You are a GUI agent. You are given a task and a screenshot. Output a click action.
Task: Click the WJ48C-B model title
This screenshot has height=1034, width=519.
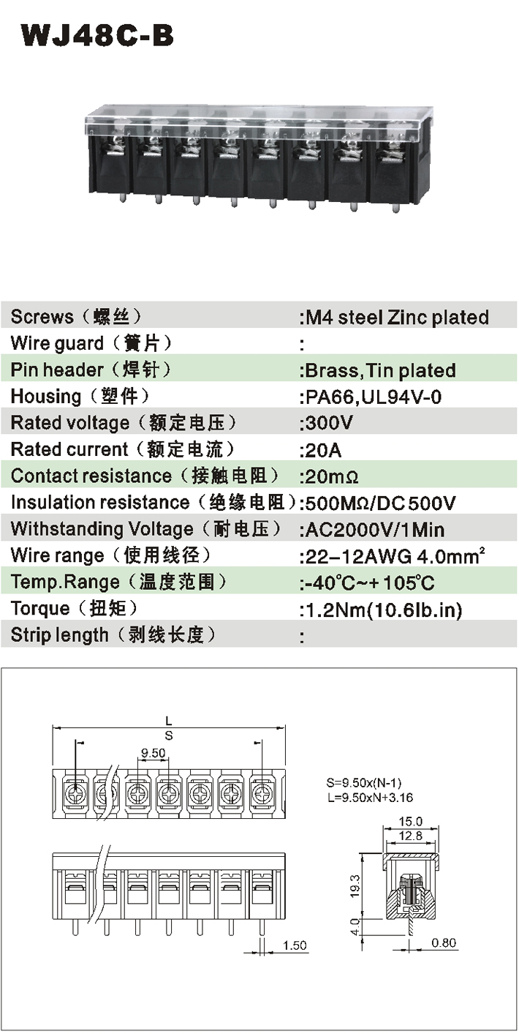pyautogui.click(x=97, y=36)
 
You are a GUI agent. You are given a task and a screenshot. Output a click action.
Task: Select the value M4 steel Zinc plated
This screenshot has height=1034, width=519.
pyautogui.click(x=397, y=317)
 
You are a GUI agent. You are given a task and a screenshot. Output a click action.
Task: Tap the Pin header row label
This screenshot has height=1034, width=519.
pyautogui.click(x=91, y=370)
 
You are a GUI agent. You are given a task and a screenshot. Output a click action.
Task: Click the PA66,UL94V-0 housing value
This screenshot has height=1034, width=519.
pyautogui.click(x=374, y=397)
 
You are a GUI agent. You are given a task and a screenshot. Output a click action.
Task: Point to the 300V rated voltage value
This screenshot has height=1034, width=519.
pyautogui.click(x=329, y=423)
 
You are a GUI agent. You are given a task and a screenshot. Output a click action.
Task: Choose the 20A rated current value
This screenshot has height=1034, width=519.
pyautogui.click(x=323, y=450)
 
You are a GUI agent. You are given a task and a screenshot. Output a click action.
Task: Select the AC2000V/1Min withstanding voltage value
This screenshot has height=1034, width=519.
pyautogui.click(x=375, y=530)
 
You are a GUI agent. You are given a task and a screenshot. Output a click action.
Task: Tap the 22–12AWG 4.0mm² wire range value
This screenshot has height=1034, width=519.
pyautogui.click(x=395, y=556)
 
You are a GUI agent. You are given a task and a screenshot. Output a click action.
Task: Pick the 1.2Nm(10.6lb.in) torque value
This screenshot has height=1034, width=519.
pyautogui.click(x=384, y=610)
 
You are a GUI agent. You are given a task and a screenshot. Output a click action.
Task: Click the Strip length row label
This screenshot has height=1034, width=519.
pyautogui.click(x=113, y=634)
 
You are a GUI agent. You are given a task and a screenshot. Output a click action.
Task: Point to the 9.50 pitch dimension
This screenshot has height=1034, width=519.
pyautogui.click(x=153, y=753)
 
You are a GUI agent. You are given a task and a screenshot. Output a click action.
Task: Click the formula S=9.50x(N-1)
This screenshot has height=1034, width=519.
pyautogui.click(x=364, y=783)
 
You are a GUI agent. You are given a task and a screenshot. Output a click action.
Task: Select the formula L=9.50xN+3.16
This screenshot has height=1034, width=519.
pyautogui.click(x=370, y=798)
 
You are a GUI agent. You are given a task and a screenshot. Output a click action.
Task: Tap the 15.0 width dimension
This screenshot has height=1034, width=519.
pyautogui.click(x=410, y=822)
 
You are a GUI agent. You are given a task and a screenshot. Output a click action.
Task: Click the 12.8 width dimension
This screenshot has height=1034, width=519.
pyautogui.click(x=410, y=836)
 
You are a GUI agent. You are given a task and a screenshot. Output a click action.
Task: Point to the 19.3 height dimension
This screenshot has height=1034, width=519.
pyautogui.click(x=355, y=886)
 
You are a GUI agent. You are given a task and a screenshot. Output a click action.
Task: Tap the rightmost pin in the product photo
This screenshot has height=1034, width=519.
pyautogui.click(x=395, y=208)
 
